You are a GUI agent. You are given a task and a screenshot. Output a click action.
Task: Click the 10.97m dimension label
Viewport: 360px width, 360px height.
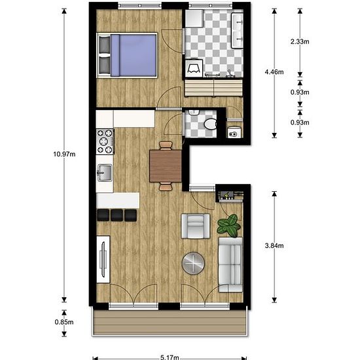pos(63,154)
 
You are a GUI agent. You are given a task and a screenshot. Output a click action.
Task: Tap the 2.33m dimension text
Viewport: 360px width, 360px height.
pos(300,41)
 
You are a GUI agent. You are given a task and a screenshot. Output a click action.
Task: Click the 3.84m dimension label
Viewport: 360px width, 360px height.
pos(274,245)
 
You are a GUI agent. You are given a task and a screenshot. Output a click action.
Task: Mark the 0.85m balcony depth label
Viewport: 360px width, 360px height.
pos(64,322)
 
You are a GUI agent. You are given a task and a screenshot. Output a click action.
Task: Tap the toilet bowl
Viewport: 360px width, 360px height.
pos(209,124)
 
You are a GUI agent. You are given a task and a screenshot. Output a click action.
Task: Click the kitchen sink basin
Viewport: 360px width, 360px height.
pos(105,173)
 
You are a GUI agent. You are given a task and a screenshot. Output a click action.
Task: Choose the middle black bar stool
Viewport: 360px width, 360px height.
pos(117,215)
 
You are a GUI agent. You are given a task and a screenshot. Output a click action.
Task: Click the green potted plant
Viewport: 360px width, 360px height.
pos(228,226)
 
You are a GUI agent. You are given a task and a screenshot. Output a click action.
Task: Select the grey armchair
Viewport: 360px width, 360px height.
pos(195,227)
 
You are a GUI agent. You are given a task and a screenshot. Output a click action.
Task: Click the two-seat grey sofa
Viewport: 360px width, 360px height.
pos(230,264)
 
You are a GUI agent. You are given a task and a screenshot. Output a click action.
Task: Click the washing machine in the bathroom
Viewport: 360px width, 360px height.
pos(194,67)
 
